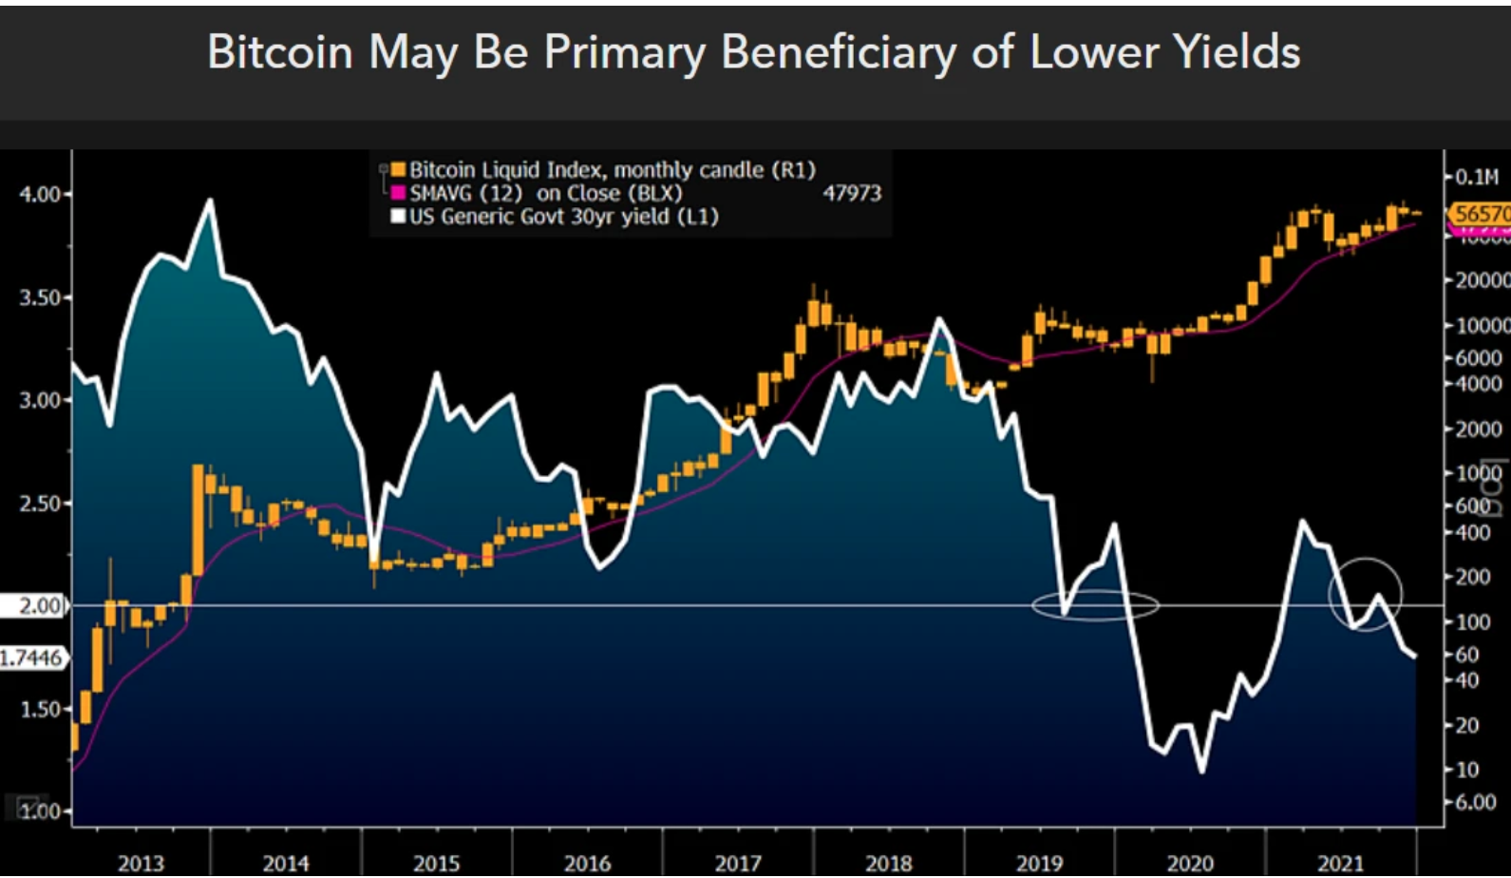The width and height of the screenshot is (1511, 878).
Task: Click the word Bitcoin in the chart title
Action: coord(279,51)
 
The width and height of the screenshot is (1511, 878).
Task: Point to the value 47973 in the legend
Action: coord(851,194)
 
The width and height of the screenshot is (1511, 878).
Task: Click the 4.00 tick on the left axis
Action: coord(40,194)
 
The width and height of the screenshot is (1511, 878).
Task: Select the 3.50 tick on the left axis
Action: coord(40,297)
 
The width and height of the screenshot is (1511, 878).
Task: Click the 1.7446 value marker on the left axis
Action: coord(31,658)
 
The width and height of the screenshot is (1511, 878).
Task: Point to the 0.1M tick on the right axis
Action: coord(1477,177)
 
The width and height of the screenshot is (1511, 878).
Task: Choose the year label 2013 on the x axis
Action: coord(141,863)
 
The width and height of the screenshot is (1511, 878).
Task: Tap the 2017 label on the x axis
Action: coord(738,863)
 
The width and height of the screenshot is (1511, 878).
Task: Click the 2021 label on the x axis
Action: coord(1340,863)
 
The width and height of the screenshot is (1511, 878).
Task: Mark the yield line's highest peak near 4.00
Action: coord(210,200)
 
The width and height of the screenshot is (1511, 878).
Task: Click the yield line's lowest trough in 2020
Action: coord(1202,771)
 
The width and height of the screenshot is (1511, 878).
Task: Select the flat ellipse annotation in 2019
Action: coord(1095,605)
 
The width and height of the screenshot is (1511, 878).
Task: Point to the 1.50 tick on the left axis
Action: coord(40,709)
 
